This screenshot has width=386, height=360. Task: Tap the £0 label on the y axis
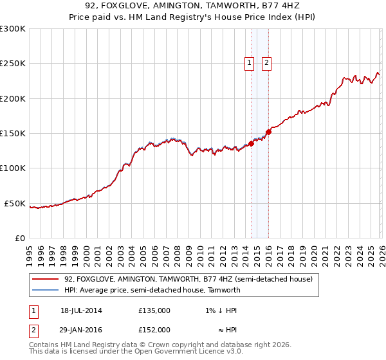(19, 238)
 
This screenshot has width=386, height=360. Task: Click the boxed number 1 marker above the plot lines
(249, 62)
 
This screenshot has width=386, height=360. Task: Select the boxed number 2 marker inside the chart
(266, 62)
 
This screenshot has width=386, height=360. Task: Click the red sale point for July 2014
(252, 143)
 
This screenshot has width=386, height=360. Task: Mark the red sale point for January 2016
(269, 132)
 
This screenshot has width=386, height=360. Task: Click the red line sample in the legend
(45, 280)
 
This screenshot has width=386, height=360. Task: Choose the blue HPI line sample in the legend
(45, 290)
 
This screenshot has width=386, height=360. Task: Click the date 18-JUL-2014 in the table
(81, 310)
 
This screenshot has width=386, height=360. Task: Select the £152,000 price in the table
(154, 329)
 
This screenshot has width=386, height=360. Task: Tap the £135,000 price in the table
(154, 310)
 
